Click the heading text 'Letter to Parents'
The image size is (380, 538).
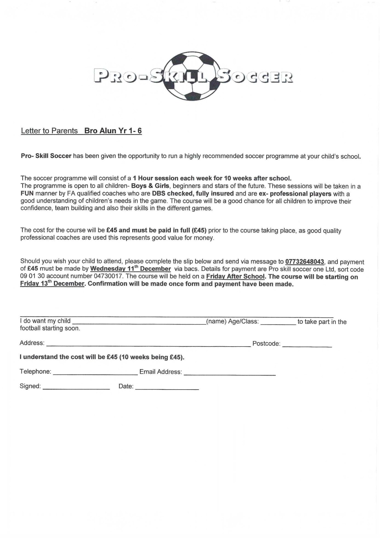(49, 131)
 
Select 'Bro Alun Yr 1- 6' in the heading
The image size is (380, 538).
(113, 131)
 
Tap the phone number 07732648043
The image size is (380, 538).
(304, 262)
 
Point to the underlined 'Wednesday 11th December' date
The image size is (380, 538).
(130, 269)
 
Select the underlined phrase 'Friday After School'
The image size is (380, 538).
(235, 276)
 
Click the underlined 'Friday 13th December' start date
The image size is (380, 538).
(52, 283)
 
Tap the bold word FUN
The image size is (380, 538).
(27, 193)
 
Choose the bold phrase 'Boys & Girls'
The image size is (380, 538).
(150, 186)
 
